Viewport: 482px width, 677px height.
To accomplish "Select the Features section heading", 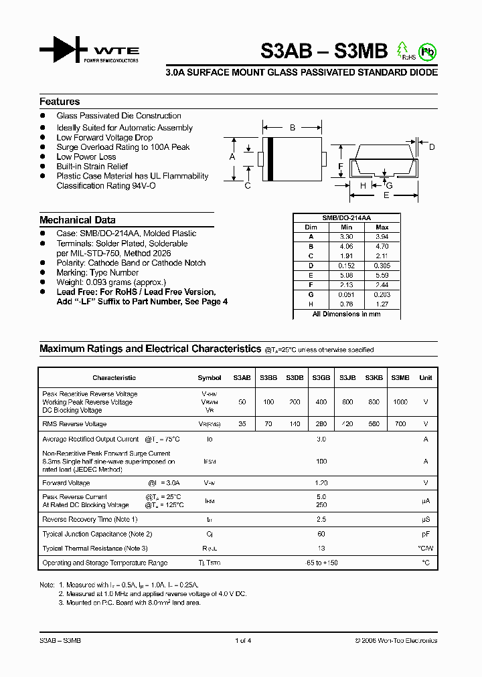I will point(60,102).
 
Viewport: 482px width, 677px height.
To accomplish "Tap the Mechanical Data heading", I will point(77,220).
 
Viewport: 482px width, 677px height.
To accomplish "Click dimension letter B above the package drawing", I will point(293,127).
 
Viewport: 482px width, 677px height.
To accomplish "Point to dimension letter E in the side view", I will point(386,195).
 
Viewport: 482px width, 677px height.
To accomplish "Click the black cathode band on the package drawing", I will point(270,159).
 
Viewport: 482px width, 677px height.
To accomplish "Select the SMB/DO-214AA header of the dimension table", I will point(347,218).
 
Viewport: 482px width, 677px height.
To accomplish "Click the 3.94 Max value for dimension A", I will point(382,237).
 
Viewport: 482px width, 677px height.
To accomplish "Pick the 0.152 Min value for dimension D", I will point(347,265).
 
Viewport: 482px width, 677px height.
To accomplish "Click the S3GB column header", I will point(321,378).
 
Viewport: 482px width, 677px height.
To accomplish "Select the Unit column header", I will point(425,378).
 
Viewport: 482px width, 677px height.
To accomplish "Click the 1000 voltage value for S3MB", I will point(400,402).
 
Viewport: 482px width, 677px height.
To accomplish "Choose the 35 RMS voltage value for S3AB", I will point(242,424).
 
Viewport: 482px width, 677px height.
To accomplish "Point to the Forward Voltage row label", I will point(66,483).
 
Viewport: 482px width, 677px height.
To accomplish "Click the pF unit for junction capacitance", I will point(425,534).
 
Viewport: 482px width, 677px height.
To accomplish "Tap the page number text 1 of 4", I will point(243,641).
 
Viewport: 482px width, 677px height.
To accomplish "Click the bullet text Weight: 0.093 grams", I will point(111,282).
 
